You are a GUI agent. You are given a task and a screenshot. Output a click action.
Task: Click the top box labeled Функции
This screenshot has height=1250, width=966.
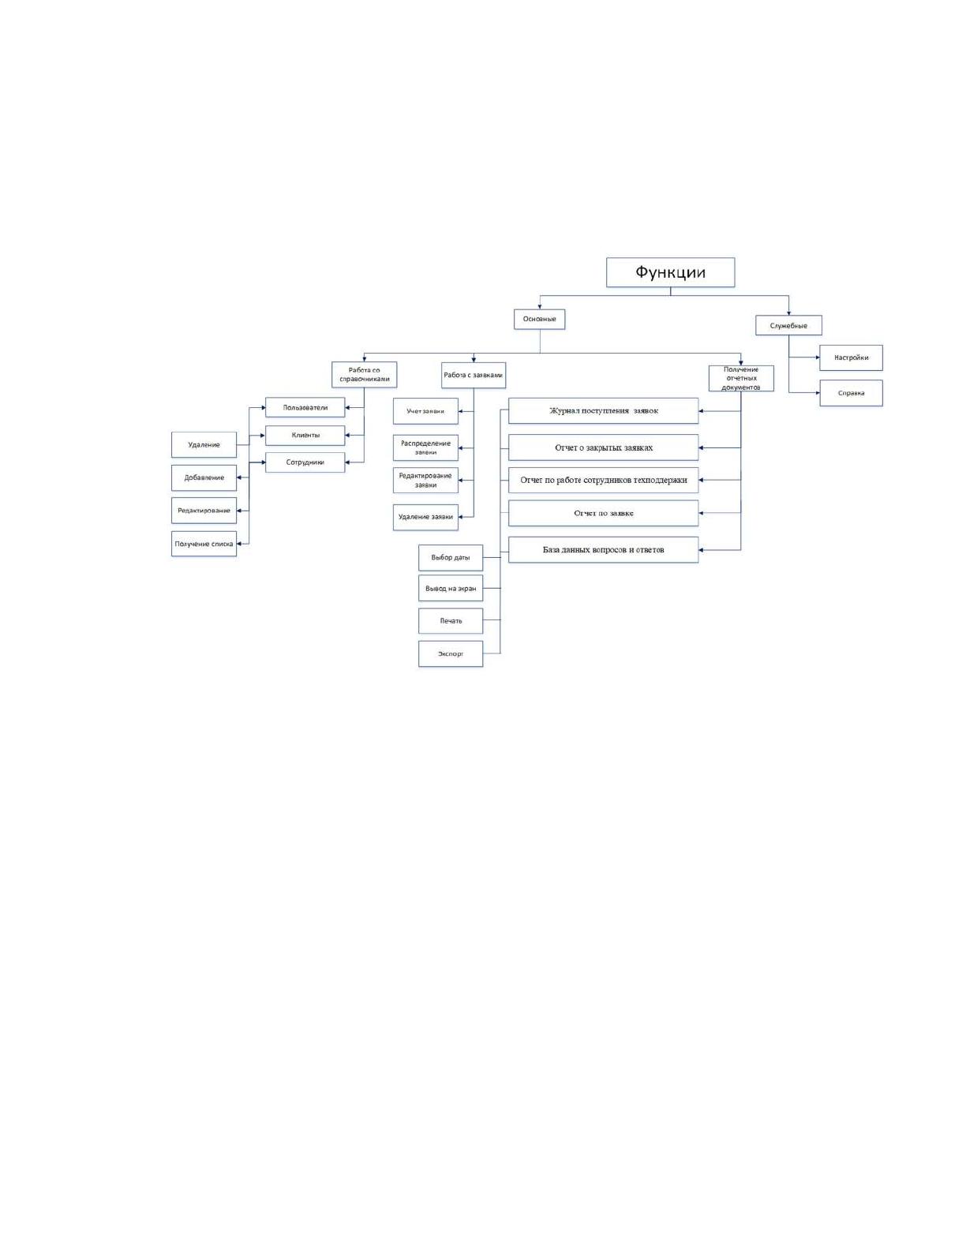pyautogui.click(x=670, y=272)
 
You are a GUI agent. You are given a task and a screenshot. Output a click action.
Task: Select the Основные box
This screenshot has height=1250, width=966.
pyautogui.click(x=539, y=320)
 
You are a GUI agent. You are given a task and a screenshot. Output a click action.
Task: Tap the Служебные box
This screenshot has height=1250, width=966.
pyautogui.click(x=788, y=325)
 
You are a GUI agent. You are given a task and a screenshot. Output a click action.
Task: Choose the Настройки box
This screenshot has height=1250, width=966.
pyautogui.click(x=851, y=357)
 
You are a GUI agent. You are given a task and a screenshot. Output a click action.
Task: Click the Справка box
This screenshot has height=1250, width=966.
pyautogui.click(x=851, y=394)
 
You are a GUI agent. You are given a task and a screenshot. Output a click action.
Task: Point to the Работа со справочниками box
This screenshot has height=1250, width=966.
pyautogui.click(x=364, y=375)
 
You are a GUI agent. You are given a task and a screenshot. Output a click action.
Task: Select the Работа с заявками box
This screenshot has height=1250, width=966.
pyautogui.click(x=474, y=375)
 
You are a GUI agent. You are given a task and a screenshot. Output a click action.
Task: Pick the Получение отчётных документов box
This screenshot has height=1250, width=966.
pyautogui.click(x=741, y=379)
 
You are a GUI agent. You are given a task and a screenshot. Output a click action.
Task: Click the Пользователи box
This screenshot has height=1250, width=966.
pyautogui.click(x=305, y=407)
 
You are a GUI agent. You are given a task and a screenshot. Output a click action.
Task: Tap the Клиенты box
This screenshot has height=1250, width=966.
pyautogui.click(x=305, y=436)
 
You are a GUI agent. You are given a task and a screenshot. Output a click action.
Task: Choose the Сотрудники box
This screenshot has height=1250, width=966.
pyautogui.click(x=305, y=462)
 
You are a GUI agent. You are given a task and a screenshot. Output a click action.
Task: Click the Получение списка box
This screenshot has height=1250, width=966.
pyautogui.click(x=204, y=544)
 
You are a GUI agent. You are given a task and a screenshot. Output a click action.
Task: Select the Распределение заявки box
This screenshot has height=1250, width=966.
pyautogui.click(x=425, y=448)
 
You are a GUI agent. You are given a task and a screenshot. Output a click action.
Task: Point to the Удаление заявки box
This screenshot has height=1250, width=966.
pyautogui.click(x=425, y=517)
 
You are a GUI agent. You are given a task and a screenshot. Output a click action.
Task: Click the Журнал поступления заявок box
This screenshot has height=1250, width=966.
pyautogui.click(x=604, y=410)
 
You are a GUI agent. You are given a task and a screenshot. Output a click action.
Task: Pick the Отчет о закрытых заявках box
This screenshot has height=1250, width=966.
pyautogui.click(x=604, y=447)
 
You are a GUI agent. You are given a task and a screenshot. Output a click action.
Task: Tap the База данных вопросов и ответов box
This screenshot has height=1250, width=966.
pyautogui.click(x=604, y=550)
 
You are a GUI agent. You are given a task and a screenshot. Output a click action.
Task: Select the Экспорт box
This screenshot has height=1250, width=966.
pyautogui.click(x=451, y=654)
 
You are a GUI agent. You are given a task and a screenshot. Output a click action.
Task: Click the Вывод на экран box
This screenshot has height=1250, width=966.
pyautogui.click(x=451, y=589)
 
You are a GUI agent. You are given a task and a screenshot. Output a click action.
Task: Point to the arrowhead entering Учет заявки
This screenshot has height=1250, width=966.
pyautogui.click(x=461, y=411)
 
